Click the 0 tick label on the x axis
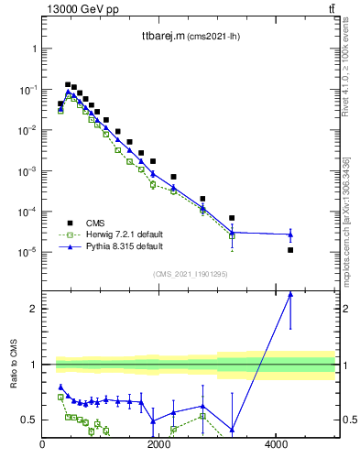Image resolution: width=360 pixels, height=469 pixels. point(43,446)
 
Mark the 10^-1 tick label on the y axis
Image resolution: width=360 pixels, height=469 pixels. point(27,90)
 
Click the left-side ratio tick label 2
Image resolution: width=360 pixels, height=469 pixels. point(34,309)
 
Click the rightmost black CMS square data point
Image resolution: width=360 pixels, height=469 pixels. point(290,250)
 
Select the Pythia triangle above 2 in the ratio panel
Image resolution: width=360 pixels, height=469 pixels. point(290,294)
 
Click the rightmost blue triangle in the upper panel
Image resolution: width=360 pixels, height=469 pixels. point(290,234)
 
